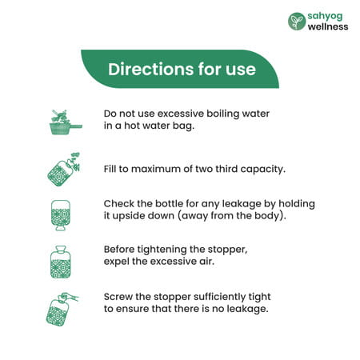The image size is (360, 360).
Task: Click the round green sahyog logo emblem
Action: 297,22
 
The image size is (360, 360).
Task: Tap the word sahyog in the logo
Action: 325,17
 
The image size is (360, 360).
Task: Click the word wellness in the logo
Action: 328,26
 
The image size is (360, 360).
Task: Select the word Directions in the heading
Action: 151,70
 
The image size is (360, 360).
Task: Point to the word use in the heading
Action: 241,70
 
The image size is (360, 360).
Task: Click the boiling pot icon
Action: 66,122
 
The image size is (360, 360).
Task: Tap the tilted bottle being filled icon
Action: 64,170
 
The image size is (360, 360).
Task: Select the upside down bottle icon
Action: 61,215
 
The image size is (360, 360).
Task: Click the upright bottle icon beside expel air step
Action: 61,262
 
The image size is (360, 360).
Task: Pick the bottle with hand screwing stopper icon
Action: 62,310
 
